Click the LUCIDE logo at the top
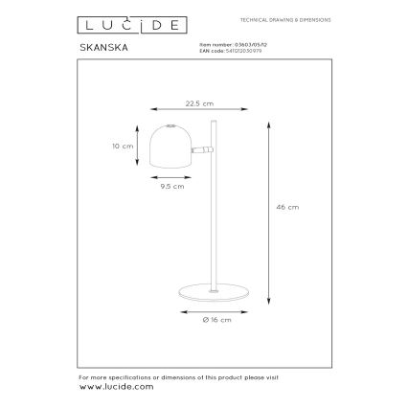pyautogui.click(x=113, y=20)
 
